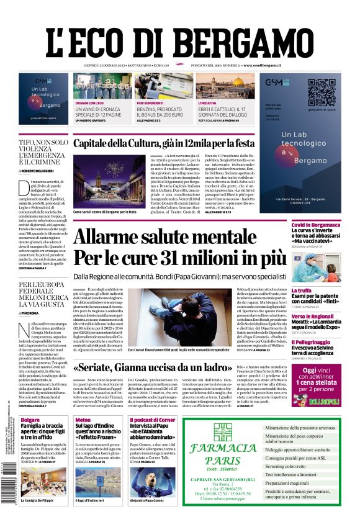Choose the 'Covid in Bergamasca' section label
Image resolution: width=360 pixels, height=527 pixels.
click(316, 225)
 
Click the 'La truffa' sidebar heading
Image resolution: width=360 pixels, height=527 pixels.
click(302, 291)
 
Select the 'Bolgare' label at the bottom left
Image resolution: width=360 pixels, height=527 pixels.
click(30, 420)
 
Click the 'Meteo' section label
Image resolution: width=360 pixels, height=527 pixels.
click(83, 420)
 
